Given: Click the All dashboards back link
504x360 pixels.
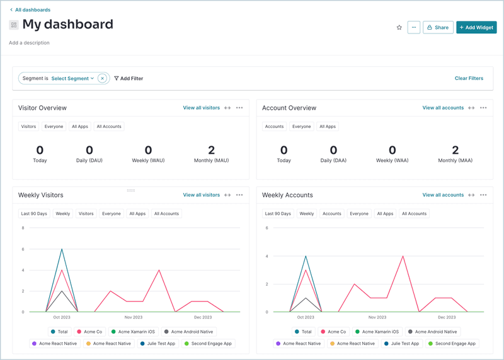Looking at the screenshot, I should [x=32, y=10].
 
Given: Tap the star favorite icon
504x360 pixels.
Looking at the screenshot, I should [x=399, y=28].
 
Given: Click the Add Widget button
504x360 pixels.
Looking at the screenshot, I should [x=476, y=28].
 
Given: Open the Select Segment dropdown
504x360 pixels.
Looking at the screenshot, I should [x=72, y=79].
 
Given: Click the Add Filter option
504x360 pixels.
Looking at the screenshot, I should [x=129, y=79].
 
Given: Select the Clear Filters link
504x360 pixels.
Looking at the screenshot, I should [x=469, y=79].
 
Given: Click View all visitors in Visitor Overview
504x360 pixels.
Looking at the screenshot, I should [x=201, y=108].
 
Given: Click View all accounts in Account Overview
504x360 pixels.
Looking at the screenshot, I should [x=443, y=108].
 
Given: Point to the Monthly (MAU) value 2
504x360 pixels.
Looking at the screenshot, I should [x=212, y=150].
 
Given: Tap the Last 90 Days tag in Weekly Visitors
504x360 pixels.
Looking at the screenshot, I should [x=34, y=214].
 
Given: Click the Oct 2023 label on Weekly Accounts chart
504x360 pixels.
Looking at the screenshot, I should [x=305, y=317].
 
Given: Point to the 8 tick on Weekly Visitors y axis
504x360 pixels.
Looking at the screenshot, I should [x=23, y=228].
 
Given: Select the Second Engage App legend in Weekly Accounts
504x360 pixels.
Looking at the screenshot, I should [x=453, y=344].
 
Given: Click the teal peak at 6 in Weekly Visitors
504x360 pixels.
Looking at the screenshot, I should [x=62, y=249].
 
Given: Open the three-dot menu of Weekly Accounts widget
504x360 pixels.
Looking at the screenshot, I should [x=483, y=195].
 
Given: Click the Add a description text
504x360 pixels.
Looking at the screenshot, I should [x=29, y=43].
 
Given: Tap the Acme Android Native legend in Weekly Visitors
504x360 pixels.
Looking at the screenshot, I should [x=189, y=332].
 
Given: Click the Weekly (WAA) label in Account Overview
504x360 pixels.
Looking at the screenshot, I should [x=392, y=161].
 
